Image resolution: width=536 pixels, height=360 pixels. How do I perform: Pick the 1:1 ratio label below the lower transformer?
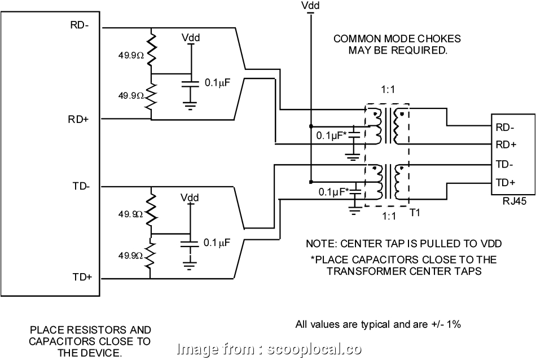point(387,215)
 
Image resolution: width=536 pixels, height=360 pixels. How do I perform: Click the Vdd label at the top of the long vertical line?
point(309,6)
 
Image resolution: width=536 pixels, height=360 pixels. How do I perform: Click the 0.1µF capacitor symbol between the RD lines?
point(191,82)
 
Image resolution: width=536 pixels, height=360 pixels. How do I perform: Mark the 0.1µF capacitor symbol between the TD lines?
point(191,243)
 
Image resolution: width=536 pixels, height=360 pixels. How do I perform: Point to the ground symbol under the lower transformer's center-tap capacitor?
point(354,211)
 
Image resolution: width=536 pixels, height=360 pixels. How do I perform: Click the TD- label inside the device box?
point(81,186)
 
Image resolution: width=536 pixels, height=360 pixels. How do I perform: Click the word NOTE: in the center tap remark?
point(319,244)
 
